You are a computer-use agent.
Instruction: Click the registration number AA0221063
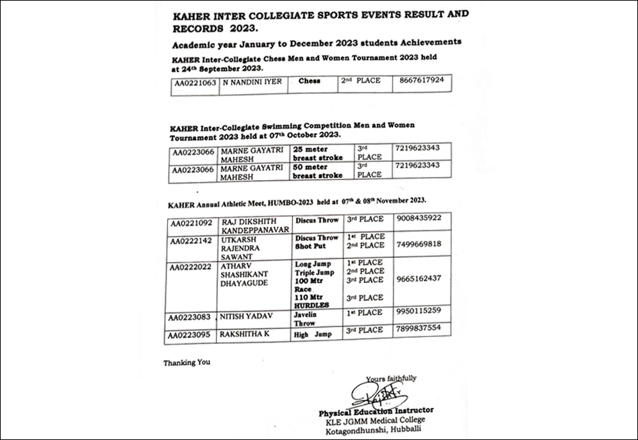click(x=195, y=83)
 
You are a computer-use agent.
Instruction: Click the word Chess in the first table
click(x=309, y=81)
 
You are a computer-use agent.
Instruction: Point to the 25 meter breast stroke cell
click(x=319, y=152)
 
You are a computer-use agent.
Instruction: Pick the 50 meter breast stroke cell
click(x=319, y=170)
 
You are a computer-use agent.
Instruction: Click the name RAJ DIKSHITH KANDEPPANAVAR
click(x=256, y=225)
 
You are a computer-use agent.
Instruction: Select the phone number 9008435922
click(x=418, y=218)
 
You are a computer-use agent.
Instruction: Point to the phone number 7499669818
click(x=418, y=244)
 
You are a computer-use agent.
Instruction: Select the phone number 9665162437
click(x=418, y=278)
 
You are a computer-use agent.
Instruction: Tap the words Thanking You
click(x=187, y=363)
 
